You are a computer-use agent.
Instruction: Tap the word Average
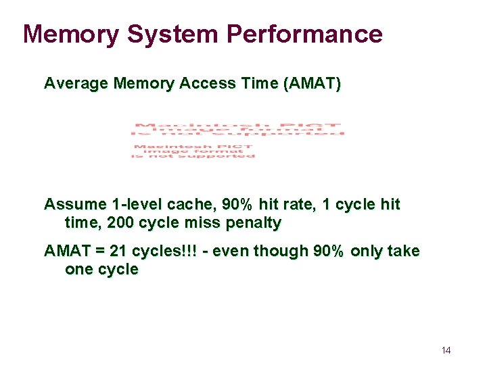(x=76, y=84)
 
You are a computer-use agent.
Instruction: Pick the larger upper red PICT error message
(x=238, y=130)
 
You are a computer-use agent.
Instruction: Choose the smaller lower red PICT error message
(x=193, y=151)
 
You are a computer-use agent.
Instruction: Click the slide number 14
(x=446, y=350)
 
